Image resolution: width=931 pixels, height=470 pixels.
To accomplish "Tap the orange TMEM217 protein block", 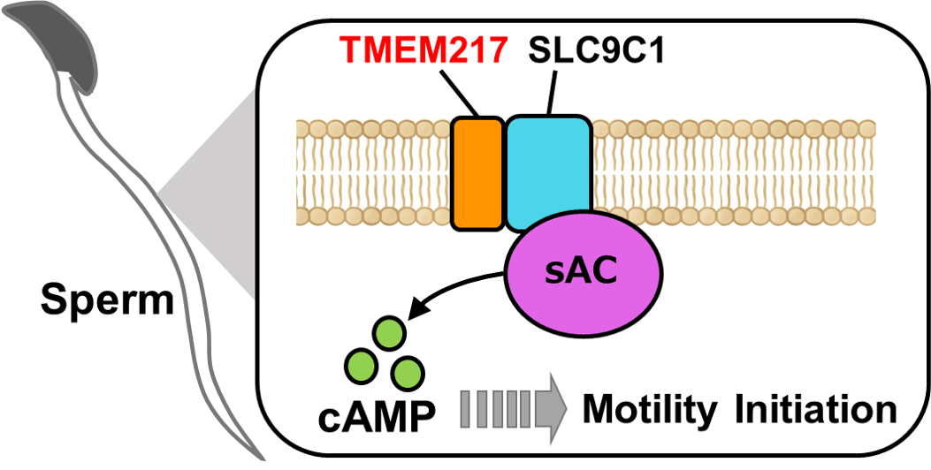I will [477, 172].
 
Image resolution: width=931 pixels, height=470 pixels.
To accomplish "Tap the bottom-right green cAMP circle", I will [408, 371].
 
